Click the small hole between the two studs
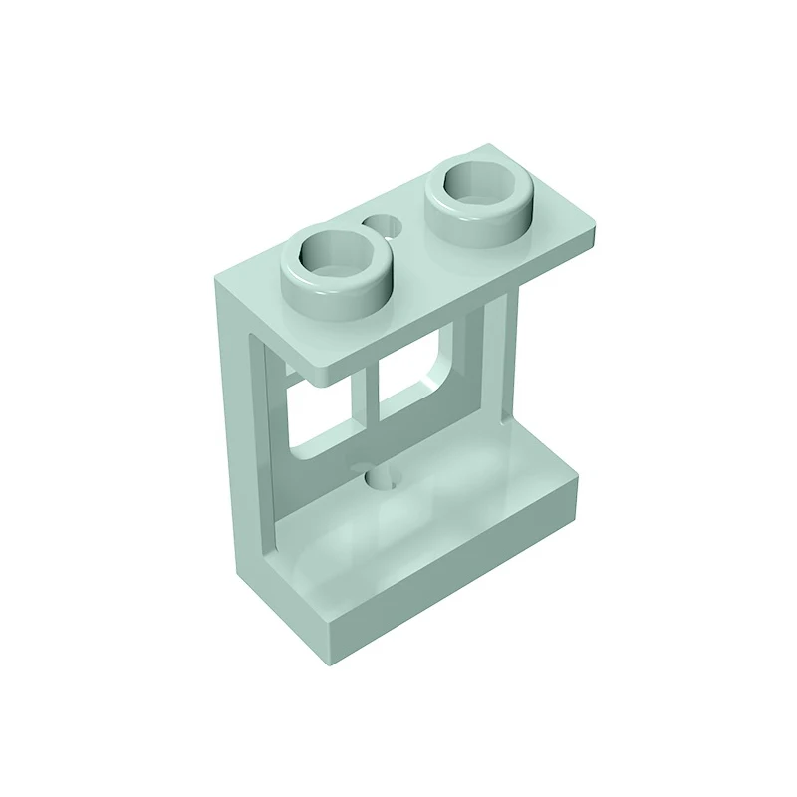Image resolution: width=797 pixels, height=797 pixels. click(382, 227)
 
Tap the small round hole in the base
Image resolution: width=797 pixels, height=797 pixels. click(380, 480)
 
